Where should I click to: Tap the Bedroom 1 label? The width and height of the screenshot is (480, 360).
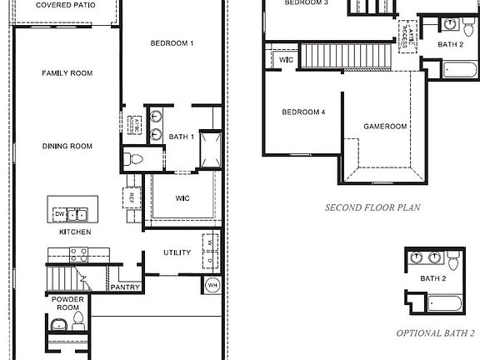tap(172, 43)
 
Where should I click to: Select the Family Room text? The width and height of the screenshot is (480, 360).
tap(67, 73)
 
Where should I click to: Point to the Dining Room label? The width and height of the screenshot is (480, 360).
tap(67, 147)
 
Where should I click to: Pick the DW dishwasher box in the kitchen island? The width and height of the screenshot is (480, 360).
tap(58, 214)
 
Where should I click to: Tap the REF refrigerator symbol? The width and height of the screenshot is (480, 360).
tap(131, 198)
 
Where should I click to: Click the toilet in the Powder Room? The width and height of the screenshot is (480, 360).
tap(77, 319)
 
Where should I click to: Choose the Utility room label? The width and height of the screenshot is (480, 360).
tap(177, 252)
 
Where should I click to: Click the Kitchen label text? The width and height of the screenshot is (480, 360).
tap(74, 232)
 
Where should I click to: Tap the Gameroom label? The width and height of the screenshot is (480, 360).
tap(385, 127)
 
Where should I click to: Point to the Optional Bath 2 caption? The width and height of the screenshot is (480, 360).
tap(434, 332)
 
